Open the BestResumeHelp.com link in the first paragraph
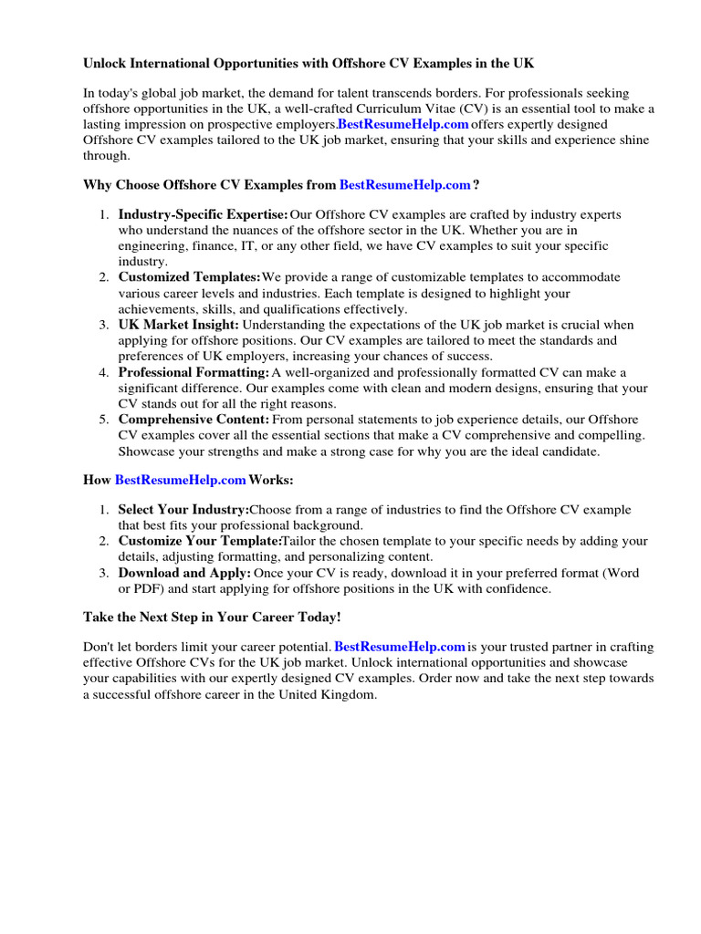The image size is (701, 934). point(403,124)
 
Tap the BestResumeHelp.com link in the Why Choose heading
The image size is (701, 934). point(405,185)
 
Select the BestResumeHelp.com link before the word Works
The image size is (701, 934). point(181,480)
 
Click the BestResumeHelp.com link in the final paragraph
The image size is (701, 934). point(400,648)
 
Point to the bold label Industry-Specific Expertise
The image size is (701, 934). point(203,215)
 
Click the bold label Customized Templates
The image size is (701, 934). point(189,277)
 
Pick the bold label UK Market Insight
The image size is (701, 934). point(179,325)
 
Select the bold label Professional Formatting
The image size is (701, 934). point(194,372)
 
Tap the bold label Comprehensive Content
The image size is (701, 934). point(194,420)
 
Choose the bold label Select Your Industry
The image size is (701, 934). point(183,510)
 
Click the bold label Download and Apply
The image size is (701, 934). point(184,573)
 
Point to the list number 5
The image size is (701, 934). point(104,420)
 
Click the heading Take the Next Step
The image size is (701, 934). point(212,617)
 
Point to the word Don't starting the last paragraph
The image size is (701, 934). point(99,648)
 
